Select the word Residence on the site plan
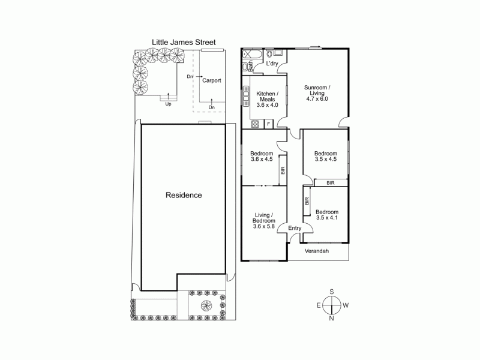pos(184,195)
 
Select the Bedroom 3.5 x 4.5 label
pos(326,157)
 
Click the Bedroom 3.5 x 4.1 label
pos(327,215)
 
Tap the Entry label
pos(295,228)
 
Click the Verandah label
pos(318,251)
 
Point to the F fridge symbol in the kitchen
pos(268,124)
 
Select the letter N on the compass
pos(331,318)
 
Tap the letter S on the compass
pos(331,292)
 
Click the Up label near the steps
pos(169,103)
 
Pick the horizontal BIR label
pos(331,182)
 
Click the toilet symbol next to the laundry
pos(269,54)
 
